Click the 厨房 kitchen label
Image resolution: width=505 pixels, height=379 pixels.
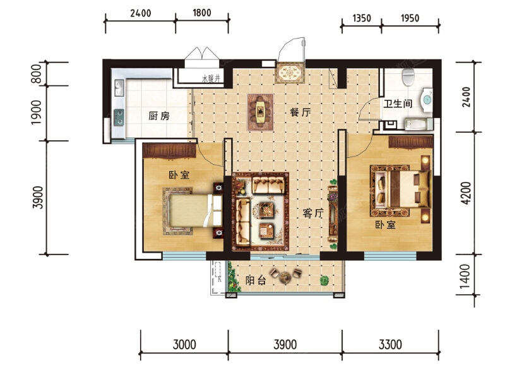(159, 116)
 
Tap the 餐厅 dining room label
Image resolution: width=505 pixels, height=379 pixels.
(300, 112)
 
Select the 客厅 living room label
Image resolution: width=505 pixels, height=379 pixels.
(313, 213)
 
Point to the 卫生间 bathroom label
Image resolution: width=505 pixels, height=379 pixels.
(398, 104)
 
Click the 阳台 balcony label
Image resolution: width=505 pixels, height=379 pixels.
(256, 280)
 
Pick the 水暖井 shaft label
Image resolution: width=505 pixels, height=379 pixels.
(211, 78)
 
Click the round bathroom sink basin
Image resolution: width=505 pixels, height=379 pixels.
(427, 100)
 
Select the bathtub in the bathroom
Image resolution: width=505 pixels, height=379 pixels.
(419, 124)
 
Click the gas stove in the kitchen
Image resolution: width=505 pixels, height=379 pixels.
(119, 117)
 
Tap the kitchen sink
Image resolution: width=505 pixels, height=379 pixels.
(119, 88)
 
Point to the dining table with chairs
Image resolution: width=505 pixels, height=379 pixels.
(260, 112)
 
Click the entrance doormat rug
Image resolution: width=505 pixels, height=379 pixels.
(290, 73)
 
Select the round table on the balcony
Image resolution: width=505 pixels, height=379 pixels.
(285, 277)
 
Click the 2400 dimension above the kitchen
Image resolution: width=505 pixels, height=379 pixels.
(141, 13)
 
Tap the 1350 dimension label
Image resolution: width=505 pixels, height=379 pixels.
(362, 18)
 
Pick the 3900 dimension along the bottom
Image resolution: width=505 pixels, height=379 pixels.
(285, 344)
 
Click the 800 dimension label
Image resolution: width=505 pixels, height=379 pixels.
(37, 74)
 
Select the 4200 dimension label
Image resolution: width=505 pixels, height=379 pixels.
(466, 193)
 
